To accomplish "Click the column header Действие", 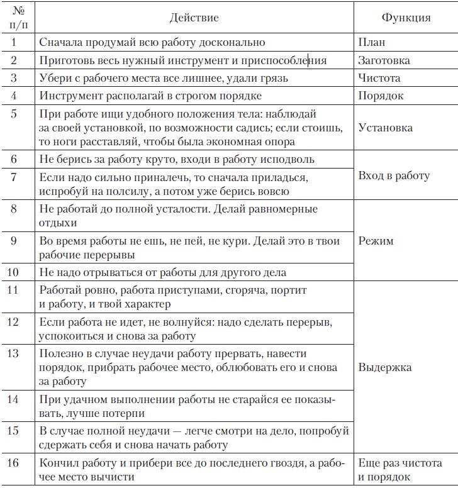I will pyautogui.click(x=194, y=18).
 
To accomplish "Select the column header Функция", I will pyautogui.click(x=406, y=18).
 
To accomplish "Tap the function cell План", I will pyautogui.click(x=371, y=43).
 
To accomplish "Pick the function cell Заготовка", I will pyautogui.click(x=384, y=60).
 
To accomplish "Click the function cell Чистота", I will pyautogui.click(x=379, y=79).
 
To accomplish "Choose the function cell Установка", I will pyautogui.click(x=385, y=128).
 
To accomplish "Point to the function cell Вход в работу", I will pyautogui.click(x=394, y=175).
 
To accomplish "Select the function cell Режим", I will pyautogui.click(x=376, y=241).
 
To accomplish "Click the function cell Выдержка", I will pyautogui.click(x=384, y=367).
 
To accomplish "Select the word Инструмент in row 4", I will pyautogui.click(x=70, y=96).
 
